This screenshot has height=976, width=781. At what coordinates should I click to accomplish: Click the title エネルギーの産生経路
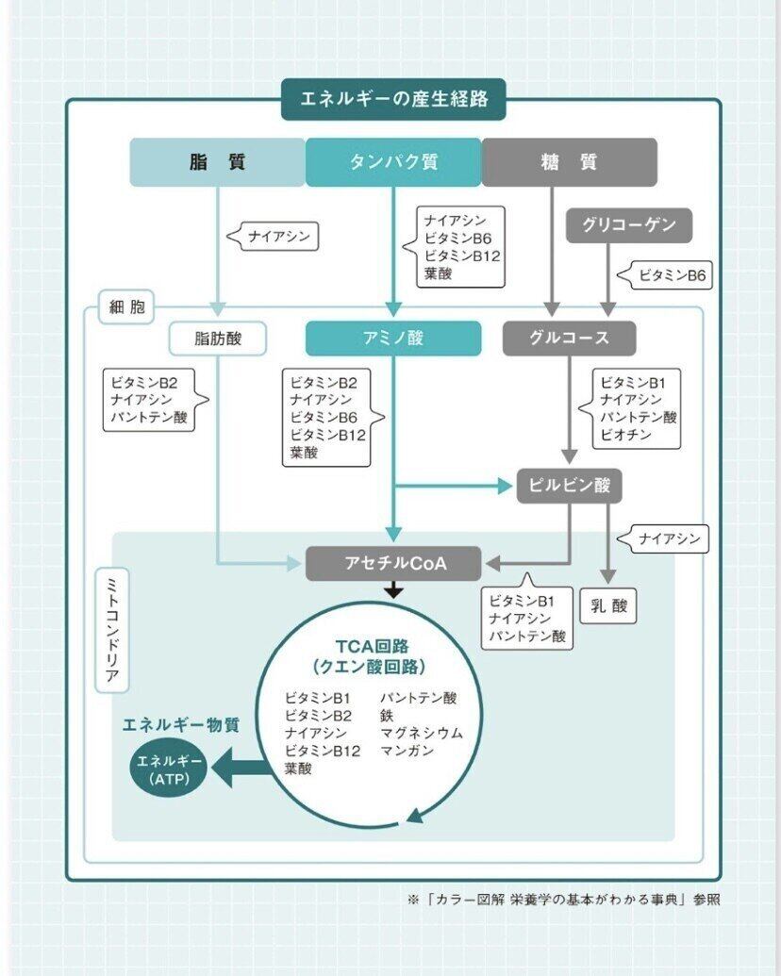(393, 98)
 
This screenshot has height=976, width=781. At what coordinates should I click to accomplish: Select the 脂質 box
(217, 162)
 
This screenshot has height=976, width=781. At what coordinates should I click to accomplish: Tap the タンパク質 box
(393, 162)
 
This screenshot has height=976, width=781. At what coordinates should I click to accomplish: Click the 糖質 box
(569, 162)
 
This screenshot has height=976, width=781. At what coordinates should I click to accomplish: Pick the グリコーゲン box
(628, 225)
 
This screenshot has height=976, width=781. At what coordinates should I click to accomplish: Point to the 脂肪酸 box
(218, 338)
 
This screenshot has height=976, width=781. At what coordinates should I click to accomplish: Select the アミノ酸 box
(393, 338)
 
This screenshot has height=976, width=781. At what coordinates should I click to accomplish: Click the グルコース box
(569, 338)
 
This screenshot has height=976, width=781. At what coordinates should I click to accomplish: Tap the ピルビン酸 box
(569, 486)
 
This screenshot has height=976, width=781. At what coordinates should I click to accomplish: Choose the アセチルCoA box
(393, 563)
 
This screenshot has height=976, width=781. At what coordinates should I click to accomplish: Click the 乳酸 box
(608, 605)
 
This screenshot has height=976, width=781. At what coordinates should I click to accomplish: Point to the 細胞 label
(126, 307)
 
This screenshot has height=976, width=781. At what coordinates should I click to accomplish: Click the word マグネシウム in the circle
(421, 733)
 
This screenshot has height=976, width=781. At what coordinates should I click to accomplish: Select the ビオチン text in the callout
(625, 436)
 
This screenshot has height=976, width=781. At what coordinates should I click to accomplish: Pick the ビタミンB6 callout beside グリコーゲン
(671, 275)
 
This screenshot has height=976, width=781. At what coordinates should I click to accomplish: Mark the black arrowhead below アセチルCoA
(393, 590)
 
